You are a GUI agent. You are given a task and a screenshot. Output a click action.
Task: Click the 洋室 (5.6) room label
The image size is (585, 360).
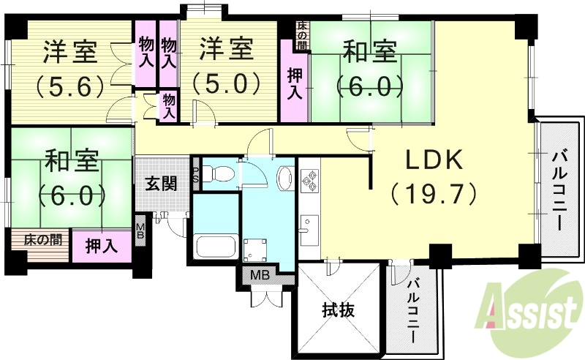(x=70, y=69)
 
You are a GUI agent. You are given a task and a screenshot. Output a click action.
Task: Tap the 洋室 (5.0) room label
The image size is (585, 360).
(x=227, y=66)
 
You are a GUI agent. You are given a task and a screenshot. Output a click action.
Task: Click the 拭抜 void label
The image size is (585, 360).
(x=338, y=310)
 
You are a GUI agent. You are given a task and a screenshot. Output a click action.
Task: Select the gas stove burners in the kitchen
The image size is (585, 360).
(x=309, y=179)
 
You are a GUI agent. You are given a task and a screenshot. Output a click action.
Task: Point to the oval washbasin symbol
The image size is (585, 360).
(x=284, y=177)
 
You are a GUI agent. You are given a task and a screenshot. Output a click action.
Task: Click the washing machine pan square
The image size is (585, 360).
(x=257, y=249)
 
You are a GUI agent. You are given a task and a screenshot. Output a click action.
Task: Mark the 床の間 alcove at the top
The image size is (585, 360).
(x=302, y=34)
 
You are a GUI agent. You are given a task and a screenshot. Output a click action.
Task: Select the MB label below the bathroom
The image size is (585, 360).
(x=260, y=276)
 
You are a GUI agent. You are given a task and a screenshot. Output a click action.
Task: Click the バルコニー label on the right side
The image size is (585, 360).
(x=560, y=190)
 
